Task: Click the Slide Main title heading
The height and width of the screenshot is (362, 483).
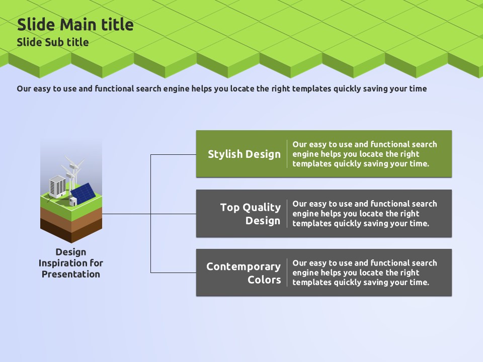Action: point(75,25)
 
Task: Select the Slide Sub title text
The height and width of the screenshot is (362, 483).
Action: point(53,42)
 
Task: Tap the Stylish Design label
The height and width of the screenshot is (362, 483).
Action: point(244,154)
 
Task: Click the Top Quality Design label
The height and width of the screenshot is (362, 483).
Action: point(250,214)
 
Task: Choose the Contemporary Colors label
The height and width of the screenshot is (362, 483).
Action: point(244,273)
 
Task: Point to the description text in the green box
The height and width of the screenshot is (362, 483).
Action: point(364,154)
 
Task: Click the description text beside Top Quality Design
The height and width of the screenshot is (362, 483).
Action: point(364,214)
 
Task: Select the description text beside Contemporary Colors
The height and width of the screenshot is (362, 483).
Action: point(364,273)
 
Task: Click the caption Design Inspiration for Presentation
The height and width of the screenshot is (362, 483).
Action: point(71,263)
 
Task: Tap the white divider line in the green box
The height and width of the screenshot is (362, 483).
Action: point(287,154)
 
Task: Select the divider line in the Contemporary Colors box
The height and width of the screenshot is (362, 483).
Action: point(287,273)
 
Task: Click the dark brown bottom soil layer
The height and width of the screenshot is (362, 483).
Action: point(71,232)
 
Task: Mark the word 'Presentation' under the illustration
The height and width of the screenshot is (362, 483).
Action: point(71,274)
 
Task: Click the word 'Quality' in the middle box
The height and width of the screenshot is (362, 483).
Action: point(262,207)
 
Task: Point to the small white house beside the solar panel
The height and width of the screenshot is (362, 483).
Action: point(73,201)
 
